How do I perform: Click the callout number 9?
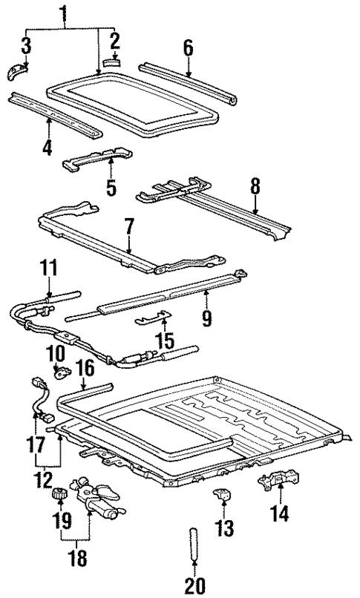point(206,318)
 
